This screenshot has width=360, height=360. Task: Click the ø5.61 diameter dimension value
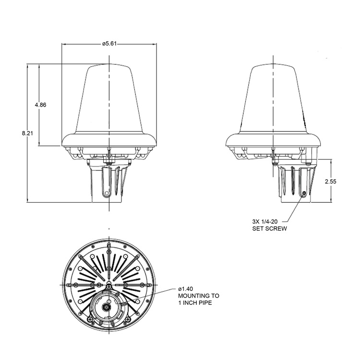(109, 44)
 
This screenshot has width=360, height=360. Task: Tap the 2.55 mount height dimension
(330, 181)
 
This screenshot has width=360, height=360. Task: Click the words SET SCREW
(270, 229)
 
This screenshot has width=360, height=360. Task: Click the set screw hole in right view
(304, 194)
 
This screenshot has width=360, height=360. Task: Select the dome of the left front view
(109, 101)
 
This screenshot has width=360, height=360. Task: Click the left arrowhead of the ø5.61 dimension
(64, 44)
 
